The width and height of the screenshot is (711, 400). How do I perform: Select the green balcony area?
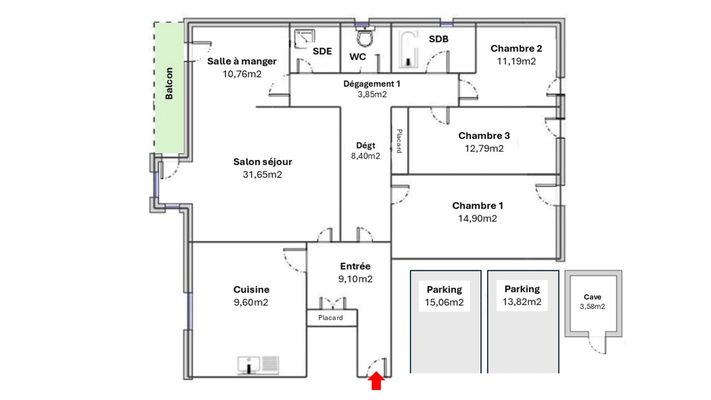click(169, 88)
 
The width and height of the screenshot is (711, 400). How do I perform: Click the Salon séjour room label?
click(263, 162)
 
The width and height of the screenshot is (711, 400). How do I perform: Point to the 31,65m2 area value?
click(263, 174)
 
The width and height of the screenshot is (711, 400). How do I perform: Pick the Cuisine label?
click(251, 290)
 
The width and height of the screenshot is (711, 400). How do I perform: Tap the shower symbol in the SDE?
click(305, 39)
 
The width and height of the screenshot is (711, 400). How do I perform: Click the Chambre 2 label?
click(516, 49)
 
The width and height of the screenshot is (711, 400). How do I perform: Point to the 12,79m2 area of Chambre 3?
click(484, 149)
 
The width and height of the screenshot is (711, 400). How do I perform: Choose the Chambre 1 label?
click(478, 206)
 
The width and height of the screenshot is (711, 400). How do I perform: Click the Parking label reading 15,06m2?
click(444, 290)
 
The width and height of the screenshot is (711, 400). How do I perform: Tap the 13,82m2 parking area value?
click(522, 302)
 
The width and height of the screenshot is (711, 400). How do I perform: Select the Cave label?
click(592, 297)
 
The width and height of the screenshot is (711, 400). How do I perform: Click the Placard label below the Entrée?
click(331, 318)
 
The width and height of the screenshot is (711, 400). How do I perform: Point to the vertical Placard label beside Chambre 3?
click(400, 141)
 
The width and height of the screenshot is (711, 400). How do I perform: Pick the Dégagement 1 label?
click(372, 84)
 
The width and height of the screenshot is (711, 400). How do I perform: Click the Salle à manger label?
click(242, 61)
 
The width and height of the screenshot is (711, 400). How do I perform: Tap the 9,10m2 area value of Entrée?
click(355, 279)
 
